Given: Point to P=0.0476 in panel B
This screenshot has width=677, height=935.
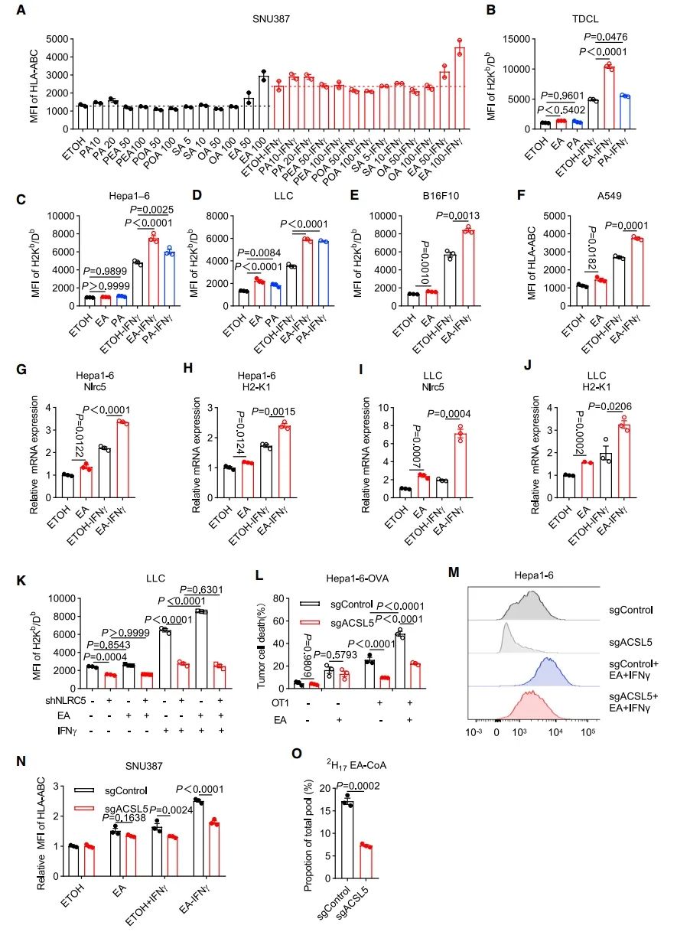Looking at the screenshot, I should [x=607, y=37].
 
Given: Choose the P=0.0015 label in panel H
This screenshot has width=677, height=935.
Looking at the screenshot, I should [x=291, y=406].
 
